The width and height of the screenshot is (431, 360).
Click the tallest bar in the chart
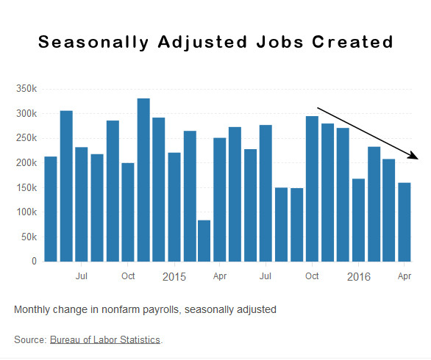click(x=143, y=180)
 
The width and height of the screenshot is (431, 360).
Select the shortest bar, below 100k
click(x=204, y=241)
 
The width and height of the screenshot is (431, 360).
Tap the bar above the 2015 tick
click(x=174, y=207)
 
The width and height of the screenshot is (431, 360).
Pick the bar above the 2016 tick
click(x=358, y=220)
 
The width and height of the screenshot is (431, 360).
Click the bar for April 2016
click(x=405, y=222)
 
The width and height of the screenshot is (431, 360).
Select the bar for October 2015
click(x=312, y=189)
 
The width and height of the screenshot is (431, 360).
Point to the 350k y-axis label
click(x=26, y=89)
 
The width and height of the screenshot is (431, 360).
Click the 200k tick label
click(x=26, y=162)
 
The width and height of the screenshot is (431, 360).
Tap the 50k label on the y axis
click(x=29, y=237)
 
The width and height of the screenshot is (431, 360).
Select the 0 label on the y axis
click(x=34, y=261)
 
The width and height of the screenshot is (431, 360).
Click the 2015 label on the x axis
click(x=174, y=276)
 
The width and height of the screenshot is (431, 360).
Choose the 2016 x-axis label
click(x=359, y=276)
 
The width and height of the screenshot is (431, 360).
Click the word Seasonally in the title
click(x=93, y=43)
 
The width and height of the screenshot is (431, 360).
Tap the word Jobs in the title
click(x=279, y=42)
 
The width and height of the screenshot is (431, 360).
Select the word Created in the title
click(x=352, y=42)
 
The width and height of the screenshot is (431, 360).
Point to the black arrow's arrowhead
click(x=413, y=156)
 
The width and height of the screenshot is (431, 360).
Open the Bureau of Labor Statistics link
click(x=105, y=339)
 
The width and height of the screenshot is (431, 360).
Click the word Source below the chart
click(x=30, y=339)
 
